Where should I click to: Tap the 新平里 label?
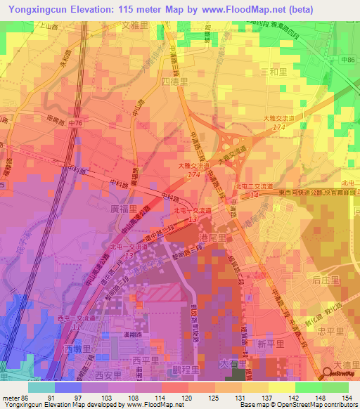pos(270,344)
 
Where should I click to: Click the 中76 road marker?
pos(76,124)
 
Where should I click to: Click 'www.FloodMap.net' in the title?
pos(247,9)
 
